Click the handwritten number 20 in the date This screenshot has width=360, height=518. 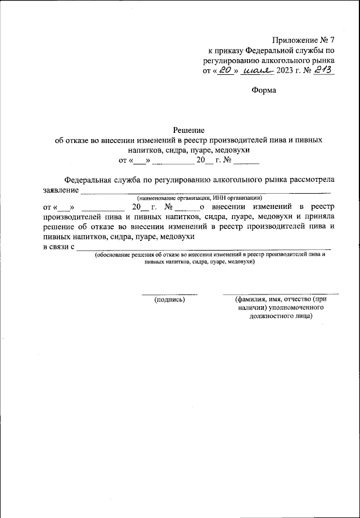pos(226,70)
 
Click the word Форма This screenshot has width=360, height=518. pos(264,90)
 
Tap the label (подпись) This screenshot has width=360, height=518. pos(169,300)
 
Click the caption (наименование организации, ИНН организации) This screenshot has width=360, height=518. pos(200,197)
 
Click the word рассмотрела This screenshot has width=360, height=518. pos(312,180)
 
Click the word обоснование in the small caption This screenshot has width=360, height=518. pos(113,255)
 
